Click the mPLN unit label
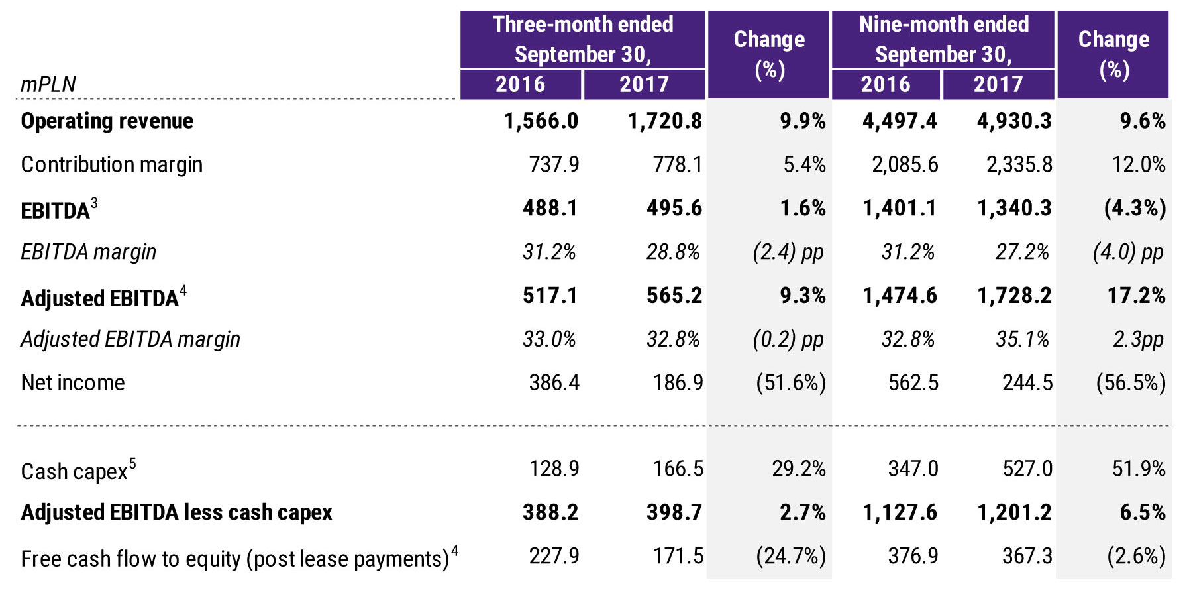48,85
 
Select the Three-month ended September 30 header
583,39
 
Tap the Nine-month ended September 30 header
943,39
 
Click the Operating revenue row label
107,121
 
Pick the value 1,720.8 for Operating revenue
664,121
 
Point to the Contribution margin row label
111,164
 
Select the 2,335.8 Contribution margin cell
1019,164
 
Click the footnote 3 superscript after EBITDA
94,203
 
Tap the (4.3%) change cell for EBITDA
1135,208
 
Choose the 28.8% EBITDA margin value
673,252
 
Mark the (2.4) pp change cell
788,252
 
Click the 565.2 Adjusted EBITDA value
674,295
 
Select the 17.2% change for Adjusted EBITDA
1136,295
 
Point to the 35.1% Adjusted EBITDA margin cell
1022,339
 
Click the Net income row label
73,383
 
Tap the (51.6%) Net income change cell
791,383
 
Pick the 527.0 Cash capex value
1027,469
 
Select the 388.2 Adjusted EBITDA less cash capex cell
550,512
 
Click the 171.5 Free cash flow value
678,556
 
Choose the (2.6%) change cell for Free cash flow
1136,556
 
